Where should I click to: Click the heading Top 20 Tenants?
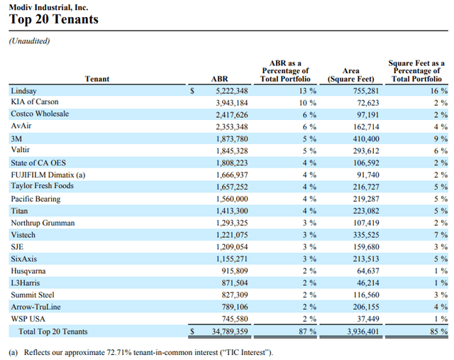point(53,20)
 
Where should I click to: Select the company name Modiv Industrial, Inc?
point(46,6)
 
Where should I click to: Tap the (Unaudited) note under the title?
point(30,42)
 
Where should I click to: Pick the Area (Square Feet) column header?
point(350,75)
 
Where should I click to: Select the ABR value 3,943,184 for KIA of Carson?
point(231,103)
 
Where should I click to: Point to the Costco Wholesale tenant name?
point(40,114)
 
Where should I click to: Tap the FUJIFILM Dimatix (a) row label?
point(48,175)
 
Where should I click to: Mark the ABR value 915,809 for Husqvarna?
point(234,271)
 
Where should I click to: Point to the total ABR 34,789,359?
point(228,332)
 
